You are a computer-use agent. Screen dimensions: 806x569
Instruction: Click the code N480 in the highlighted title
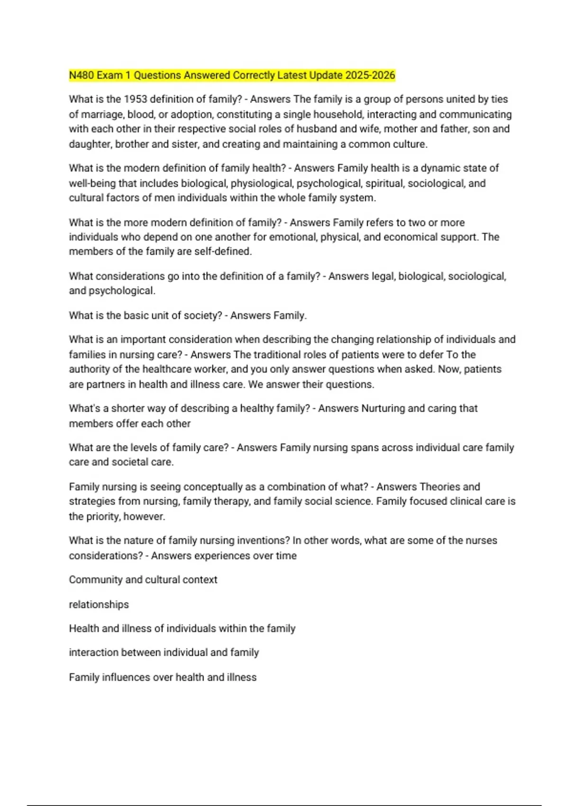click(82, 75)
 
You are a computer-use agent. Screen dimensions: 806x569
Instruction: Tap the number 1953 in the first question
click(136, 100)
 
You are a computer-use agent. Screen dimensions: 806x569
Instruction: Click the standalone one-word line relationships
click(99, 604)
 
